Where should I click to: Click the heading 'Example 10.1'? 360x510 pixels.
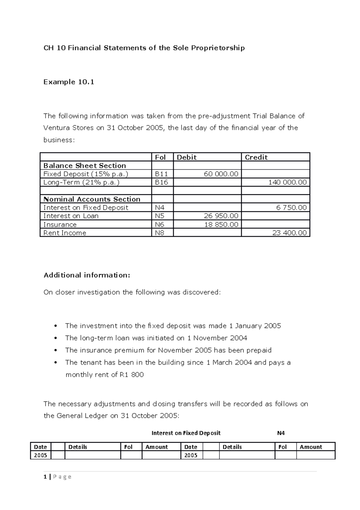click(69, 82)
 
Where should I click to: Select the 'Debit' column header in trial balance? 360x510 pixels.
click(187, 157)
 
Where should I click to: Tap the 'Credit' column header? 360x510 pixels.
click(256, 157)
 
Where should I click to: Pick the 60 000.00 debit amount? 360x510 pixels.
click(221, 174)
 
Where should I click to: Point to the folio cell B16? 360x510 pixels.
click(161, 182)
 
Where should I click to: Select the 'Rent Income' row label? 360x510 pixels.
click(65, 233)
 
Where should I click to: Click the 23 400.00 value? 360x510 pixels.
click(289, 233)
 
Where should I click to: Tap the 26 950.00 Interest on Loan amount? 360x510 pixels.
click(221, 216)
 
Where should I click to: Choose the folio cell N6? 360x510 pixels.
click(160, 224)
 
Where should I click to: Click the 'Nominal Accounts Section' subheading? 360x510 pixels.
click(92, 199)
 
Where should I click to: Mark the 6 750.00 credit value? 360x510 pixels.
click(291, 208)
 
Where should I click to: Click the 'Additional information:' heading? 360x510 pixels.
click(87, 275)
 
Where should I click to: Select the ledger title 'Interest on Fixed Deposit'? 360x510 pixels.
click(186, 433)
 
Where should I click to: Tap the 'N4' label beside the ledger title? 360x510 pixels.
click(281, 433)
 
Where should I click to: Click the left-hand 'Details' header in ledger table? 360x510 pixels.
click(78, 447)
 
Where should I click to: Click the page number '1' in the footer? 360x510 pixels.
click(45, 477)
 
